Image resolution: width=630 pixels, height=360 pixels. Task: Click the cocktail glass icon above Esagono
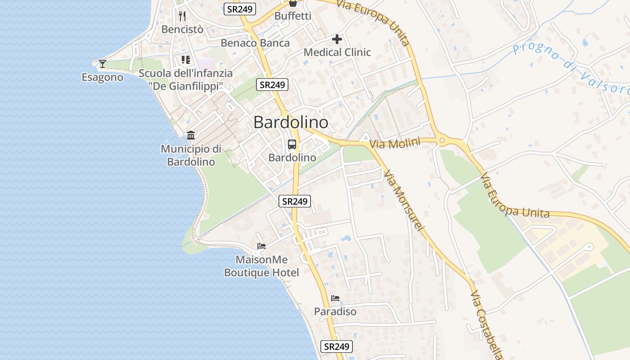point(103,63)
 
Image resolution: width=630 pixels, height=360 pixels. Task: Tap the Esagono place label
point(102,77)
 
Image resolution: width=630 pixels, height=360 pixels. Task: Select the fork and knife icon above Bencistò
point(182,16)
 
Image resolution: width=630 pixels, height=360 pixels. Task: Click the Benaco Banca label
point(255,43)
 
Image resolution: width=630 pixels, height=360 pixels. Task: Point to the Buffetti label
point(292,16)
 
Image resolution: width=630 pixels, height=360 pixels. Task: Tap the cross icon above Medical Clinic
point(337,39)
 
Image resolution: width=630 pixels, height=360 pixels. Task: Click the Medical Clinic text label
point(337,52)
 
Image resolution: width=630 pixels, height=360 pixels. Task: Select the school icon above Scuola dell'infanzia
point(186,59)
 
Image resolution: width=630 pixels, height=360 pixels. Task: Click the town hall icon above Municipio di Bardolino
point(191,135)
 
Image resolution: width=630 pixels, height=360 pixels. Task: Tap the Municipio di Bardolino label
point(191,155)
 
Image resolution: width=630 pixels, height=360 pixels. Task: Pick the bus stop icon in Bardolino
point(292,144)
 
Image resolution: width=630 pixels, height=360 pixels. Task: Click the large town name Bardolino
point(291,122)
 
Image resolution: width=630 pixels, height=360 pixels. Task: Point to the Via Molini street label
point(394,144)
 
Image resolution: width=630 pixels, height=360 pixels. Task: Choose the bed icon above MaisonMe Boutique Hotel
point(261,246)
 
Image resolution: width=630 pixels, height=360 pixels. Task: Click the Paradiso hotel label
point(335,311)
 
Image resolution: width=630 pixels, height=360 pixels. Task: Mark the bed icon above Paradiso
point(335,298)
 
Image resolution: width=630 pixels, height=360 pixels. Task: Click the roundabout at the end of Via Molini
point(442,141)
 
